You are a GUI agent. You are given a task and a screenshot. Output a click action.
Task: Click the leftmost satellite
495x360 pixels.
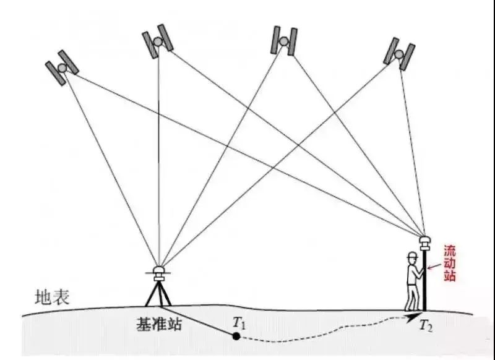coord(62,66)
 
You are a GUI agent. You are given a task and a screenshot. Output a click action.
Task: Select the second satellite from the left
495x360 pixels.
coord(157,41)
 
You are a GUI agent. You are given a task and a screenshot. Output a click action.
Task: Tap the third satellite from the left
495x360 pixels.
coord(283,40)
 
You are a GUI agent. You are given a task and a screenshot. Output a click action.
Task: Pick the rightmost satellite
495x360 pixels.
coord(399,53)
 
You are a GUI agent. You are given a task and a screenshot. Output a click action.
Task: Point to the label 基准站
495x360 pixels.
coord(159,324)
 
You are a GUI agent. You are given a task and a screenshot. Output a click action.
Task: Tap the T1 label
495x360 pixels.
coord(239,322)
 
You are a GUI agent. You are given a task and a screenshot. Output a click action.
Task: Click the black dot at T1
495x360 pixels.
coord(236,336)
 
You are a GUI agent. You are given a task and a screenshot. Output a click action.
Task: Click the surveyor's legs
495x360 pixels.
coord(411,297)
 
